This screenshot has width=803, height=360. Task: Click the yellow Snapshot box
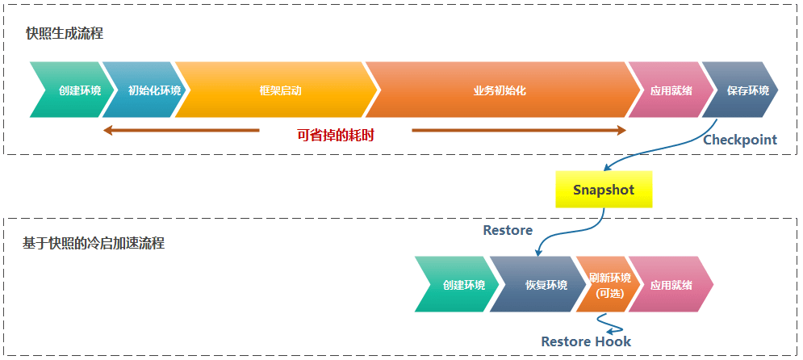click(x=603, y=190)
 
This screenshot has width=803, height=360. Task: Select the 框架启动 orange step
click(x=275, y=90)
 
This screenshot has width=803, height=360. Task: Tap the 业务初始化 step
click(x=499, y=90)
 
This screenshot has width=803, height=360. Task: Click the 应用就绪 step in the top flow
click(x=671, y=90)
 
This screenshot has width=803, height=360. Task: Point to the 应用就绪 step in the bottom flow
click(x=671, y=285)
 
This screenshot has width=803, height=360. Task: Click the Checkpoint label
click(x=740, y=140)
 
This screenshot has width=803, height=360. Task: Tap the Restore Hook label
click(x=586, y=341)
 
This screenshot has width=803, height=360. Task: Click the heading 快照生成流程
click(x=65, y=34)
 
